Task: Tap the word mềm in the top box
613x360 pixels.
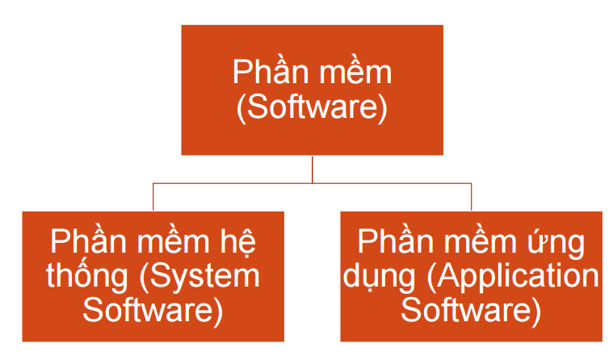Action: (354, 73)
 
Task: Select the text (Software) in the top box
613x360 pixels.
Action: (312, 107)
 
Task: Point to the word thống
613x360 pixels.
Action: (87, 276)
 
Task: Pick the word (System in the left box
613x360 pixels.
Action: (200, 276)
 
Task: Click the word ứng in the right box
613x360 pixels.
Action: (561, 242)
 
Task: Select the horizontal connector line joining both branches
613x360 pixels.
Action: (234, 183)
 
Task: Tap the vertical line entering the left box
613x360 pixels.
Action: (153, 198)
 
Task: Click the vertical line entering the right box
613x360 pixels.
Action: (471, 198)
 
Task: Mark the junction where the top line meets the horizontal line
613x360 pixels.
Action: (312, 183)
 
